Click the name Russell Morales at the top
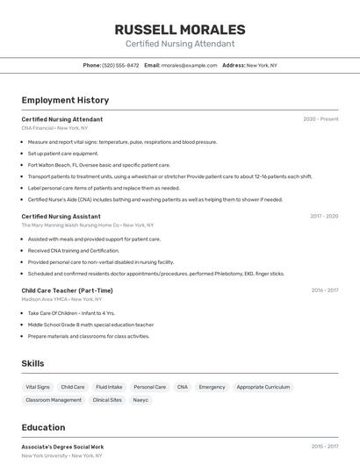(x=180, y=29)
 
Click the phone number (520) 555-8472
(x=120, y=65)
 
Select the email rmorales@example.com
(x=189, y=65)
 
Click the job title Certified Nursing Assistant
(x=61, y=216)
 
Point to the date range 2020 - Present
(x=320, y=118)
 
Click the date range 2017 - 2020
(x=324, y=216)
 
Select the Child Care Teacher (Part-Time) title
(x=67, y=290)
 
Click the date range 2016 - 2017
(x=325, y=290)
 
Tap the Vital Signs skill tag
(x=38, y=387)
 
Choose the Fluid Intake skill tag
(x=109, y=387)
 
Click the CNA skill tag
(x=182, y=387)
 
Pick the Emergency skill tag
(x=212, y=387)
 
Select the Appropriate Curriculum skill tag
(x=263, y=387)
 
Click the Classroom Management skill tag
(x=54, y=400)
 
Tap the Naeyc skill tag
(x=140, y=400)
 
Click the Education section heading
(x=43, y=427)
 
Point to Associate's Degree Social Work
(x=62, y=447)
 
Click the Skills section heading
(x=32, y=363)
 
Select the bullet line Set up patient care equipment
(x=63, y=154)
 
